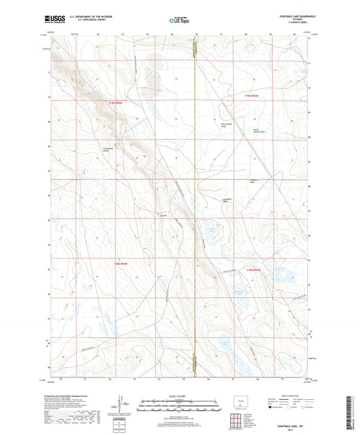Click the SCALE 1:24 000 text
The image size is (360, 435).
click(x=180, y=395)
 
